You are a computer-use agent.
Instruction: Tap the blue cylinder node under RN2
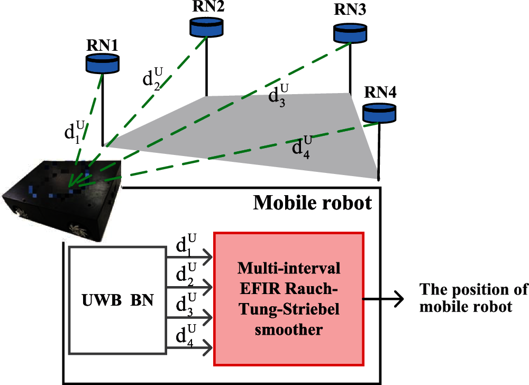206,27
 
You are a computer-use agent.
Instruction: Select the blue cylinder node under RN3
350,33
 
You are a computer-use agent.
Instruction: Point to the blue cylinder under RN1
103,64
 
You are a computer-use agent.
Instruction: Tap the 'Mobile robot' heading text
313,203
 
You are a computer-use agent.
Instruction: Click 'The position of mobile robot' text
473,298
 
